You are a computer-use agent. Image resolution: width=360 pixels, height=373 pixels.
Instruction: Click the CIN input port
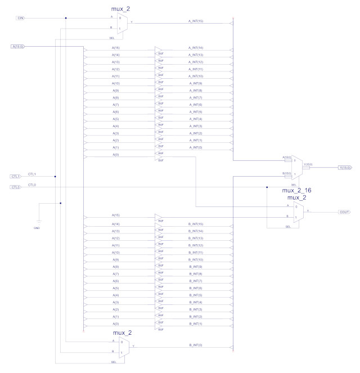click(x=20, y=18)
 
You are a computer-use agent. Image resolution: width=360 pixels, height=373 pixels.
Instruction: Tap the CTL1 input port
click(x=16, y=177)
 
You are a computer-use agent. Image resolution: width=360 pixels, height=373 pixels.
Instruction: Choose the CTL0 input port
click(x=16, y=187)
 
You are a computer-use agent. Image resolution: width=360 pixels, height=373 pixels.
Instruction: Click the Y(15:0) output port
click(x=344, y=168)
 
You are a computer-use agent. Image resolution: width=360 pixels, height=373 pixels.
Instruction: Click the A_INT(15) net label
click(x=196, y=21)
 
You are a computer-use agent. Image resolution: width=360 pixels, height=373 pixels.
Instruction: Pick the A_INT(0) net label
click(x=196, y=146)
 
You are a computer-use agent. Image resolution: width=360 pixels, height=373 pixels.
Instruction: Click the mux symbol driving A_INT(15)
click(x=122, y=24)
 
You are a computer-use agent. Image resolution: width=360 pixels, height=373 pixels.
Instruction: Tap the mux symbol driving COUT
click(x=298, y=212)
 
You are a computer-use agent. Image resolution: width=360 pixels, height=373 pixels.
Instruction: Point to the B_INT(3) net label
click(x=196, y=308)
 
